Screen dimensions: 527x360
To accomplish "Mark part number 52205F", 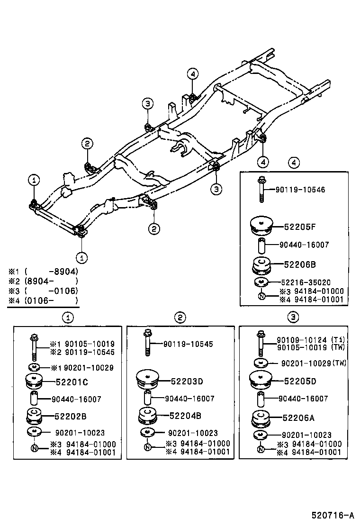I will pos(300,227).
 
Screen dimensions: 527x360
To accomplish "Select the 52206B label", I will pos(300,264).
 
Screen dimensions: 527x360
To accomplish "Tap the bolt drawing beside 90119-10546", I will pos(261,190).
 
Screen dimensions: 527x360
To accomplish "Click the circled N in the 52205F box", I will pos(261,297).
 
